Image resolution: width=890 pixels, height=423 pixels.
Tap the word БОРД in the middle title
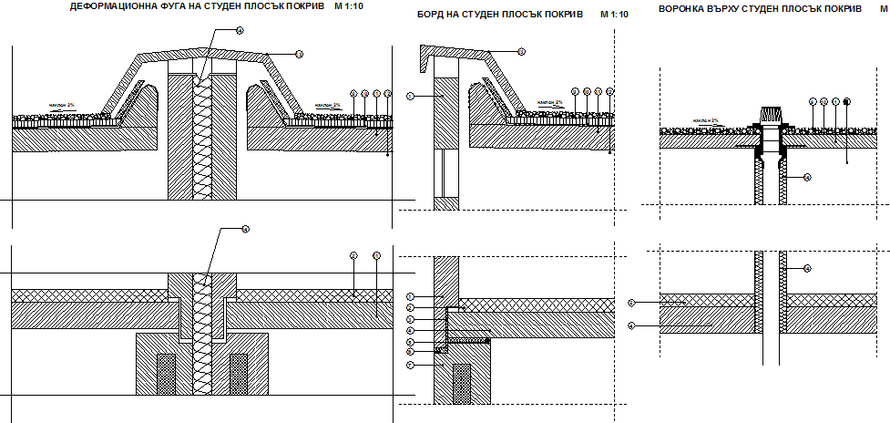click(431, 15)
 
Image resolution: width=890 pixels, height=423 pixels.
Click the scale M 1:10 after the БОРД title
click(613, 15)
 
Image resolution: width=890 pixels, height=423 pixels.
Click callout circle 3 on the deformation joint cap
click(299, 54)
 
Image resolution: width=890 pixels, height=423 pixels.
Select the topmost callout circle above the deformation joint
click(239, 30)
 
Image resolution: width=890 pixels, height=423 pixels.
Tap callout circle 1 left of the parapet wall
click(411, 95)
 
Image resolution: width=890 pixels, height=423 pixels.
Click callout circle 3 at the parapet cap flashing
click(521, 53)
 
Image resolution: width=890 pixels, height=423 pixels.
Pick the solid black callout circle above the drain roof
click(846, 100)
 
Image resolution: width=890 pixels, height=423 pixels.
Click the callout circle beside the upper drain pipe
click(806, 178)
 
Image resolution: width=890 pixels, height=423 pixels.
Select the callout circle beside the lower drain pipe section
click(806, 268)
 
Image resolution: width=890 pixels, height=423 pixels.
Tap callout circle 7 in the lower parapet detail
click(411, 365)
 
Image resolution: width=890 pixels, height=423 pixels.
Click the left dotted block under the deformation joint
click(167, 374)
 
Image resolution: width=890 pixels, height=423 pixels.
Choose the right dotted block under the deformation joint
click(239, 374)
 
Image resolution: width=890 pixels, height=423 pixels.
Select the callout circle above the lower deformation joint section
click(244, 230)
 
